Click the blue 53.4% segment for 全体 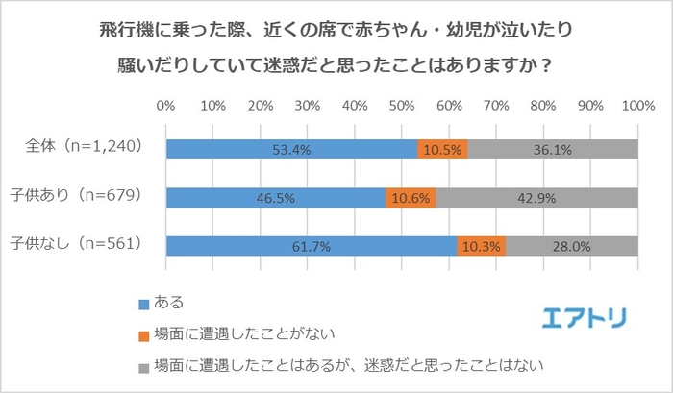291,149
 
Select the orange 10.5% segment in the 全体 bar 442,149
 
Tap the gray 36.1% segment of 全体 552,149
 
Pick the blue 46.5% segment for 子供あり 275,198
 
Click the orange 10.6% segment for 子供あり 411,198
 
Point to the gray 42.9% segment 536,198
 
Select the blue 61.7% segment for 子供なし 311,246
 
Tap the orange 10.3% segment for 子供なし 481,246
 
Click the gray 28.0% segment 571,246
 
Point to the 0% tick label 165,104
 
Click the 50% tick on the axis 401,104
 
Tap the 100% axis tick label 636,104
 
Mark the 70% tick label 495,104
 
